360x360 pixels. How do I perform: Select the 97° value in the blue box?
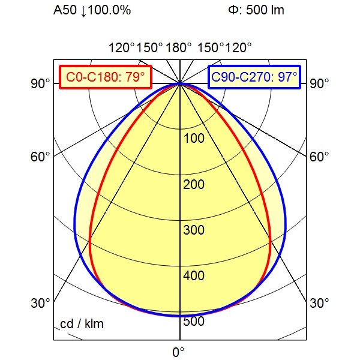click(x=287, y=77)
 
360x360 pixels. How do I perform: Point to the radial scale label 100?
click(x=194, y=139)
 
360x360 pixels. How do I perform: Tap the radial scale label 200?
click(x=194, y=184)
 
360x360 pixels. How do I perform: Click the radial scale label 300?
click(x=194, y=230)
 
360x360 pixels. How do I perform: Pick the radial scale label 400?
click(x=194, y=276)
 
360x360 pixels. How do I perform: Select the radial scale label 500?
click(x=194, y=322)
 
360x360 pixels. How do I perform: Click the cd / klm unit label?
click(x=82, y=325)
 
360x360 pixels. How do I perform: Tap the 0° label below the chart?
click(x=178, y=351)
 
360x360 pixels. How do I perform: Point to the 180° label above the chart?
click(x=179, y=47)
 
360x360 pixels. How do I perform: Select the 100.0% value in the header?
click(x=109, y=10)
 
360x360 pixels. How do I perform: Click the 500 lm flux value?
click(x=265, y=10)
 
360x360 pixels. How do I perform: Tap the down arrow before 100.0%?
click(x=81, y=10)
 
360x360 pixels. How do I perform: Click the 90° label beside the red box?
click(x=40, y=83)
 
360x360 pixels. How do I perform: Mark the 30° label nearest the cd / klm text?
click(x=40, y=303)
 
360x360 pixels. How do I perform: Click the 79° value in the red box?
click(x=136, y=77)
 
